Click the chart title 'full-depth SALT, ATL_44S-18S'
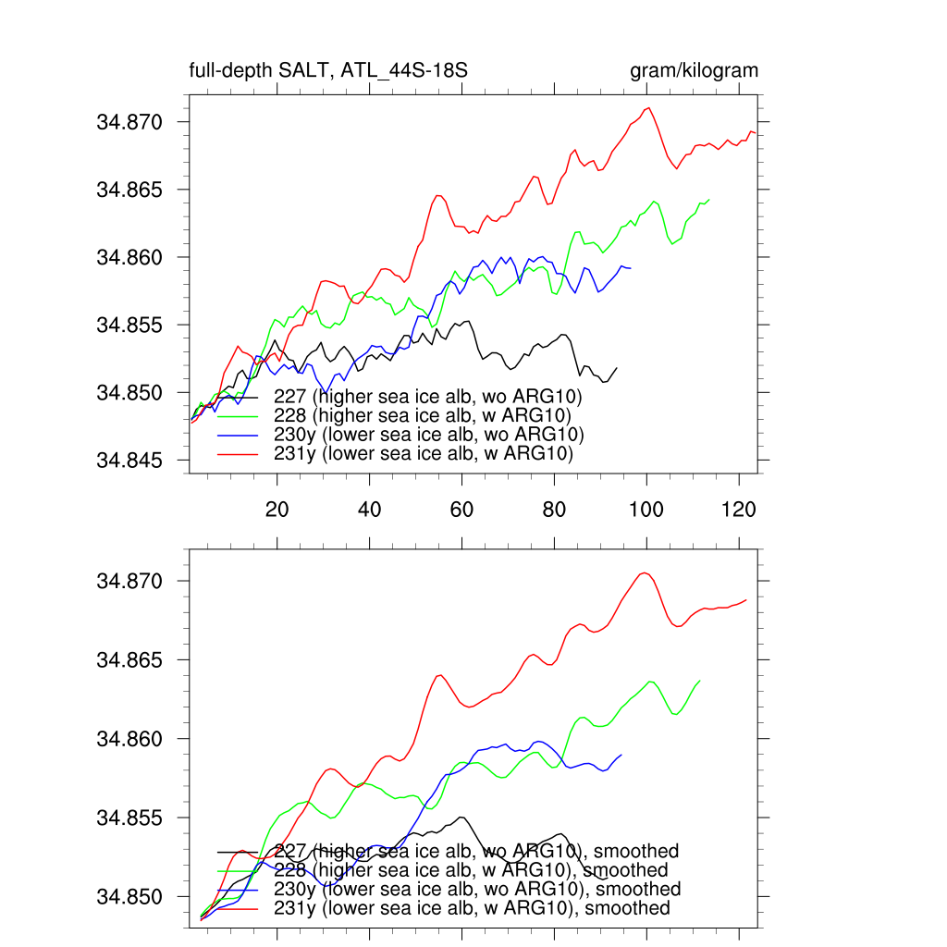334,70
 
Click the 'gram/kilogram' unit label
694,70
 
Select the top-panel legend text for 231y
423,454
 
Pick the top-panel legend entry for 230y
429,435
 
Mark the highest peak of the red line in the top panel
649,107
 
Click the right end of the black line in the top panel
617,367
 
